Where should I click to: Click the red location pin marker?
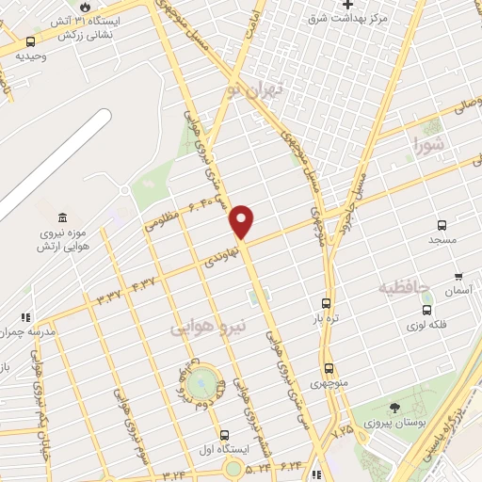click(243, 221)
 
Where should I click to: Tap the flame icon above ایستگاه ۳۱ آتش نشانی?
click(85, 7)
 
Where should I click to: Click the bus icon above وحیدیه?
click(31, 41)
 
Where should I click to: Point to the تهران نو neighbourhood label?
click(260, 92)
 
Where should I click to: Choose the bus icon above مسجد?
click(442, 225)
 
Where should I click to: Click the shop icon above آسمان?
click(458, 277)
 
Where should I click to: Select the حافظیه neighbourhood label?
click(403, 285)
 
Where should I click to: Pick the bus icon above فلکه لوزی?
click(426, 310)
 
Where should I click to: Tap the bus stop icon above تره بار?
click(326, 303)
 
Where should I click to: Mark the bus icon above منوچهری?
click(329, 369)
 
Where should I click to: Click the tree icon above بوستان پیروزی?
click(394, 409)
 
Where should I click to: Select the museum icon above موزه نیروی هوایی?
click(62, 218)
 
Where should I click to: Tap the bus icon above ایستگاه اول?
click(224, 435)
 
